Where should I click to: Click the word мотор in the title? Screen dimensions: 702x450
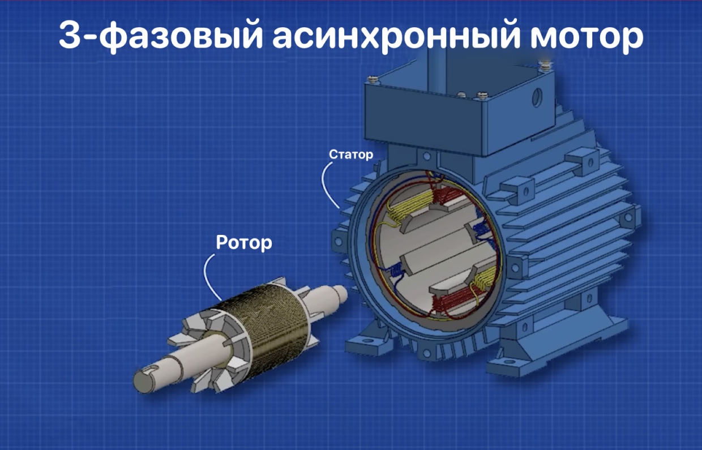[587, 37]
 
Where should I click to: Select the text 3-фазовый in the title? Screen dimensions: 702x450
[160, 36]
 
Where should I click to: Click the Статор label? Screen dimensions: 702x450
[351, 155]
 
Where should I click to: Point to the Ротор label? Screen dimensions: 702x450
[244, 243]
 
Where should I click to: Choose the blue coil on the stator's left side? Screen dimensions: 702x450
[396, 270]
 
